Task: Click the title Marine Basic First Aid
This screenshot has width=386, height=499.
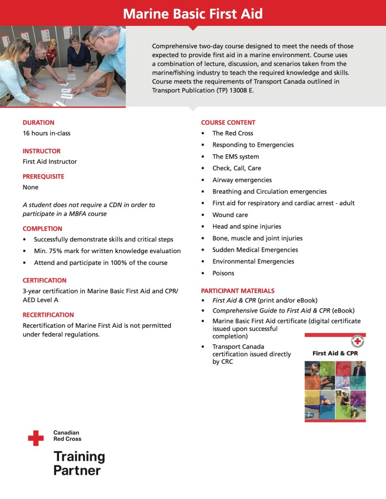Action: coord(193,13)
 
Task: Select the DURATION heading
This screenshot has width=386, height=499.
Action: coord(39,122)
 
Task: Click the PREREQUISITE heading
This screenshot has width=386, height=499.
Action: coord(43,177)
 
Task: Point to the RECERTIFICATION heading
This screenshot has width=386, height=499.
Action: coord(48,315)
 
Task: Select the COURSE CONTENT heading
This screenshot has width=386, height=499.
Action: coord(228,122)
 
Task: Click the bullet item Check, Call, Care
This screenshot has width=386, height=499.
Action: coord(236,168)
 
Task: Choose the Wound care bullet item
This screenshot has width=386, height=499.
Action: coord(230,215)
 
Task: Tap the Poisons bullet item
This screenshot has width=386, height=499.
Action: coord(223,273)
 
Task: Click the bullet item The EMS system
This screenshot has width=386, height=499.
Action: coord(235,157)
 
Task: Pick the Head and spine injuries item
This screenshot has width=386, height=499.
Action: coord(246,226)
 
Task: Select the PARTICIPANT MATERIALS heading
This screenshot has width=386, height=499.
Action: coord(238,291)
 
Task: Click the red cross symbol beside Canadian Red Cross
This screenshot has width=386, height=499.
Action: coord(36,438)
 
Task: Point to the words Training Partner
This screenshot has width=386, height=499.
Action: coord(79,463)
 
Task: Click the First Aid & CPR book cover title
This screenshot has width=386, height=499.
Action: coord(335,353)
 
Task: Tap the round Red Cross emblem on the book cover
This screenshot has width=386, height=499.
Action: coord(358,341)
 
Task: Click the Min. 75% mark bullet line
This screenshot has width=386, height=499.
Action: coord(107,251)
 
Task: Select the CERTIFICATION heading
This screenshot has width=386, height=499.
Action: coord(44,280)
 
